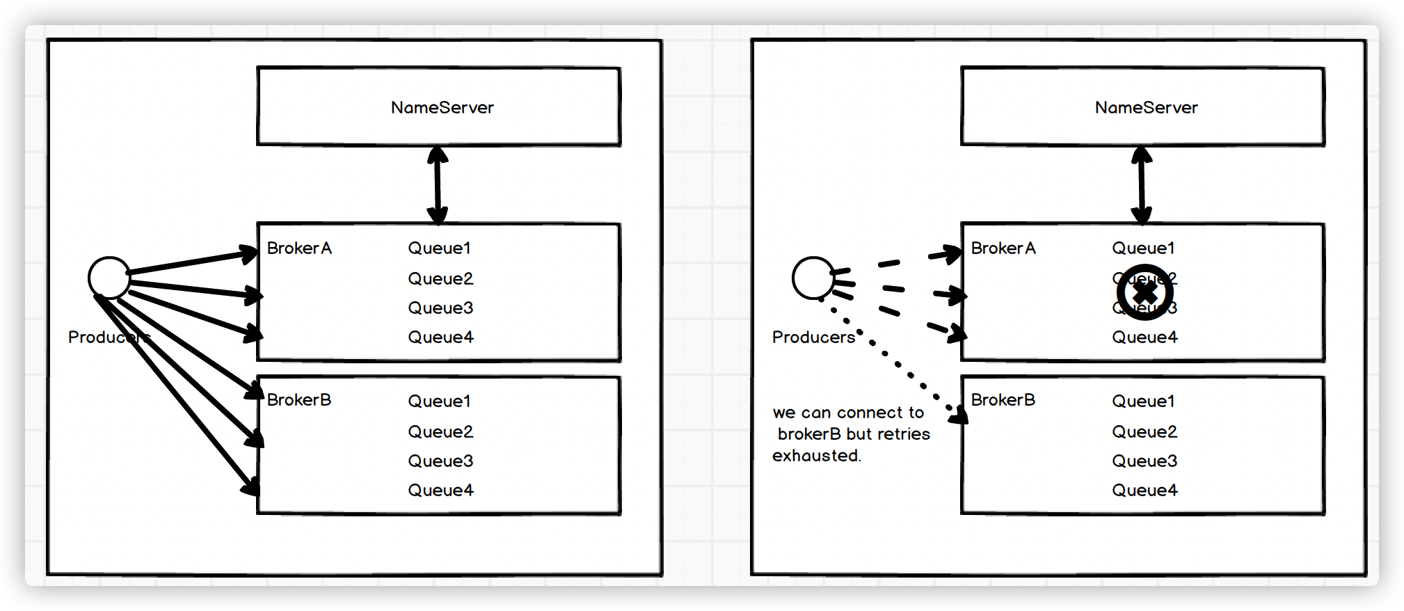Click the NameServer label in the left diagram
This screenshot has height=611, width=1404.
pyautogui.click(x=442, y=108)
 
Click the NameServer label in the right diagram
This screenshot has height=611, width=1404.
pyautogui.click(x=1146, y=108)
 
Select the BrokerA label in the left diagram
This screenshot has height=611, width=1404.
pyautogui.click(x=299, y=248)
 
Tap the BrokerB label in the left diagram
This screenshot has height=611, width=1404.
pyautogui.click(x=299, y=400)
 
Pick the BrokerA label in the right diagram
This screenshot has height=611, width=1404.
pyautogui.click(x=1003, y=248)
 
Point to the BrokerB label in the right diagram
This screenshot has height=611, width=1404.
pyautogui.click(x=1003, y=400)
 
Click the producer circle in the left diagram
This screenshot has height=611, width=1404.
pyautogui.click(x=109, y=278)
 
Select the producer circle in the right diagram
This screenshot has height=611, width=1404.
pyautogui.click(x=813, y=278)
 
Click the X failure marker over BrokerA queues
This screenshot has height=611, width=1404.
pyautogui.click(x=1145, y=292)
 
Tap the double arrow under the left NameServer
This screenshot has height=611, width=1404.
pyautogui.click(x=438, y=184)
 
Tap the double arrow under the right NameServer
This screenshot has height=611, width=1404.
pyautogui.click(x=1142, y=184)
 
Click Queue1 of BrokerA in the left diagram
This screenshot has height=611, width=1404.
pyautogui.click(x=439, y=248)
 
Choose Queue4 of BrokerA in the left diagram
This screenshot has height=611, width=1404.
pyautogui.click(x=440, y=338)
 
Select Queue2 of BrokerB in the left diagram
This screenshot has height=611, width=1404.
pyautogui.click(x=440, y=432)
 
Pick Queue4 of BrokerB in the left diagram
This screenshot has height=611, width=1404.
pyautogui.click(x=440, y=491)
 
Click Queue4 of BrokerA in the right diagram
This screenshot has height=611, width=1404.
pyautogui.click(x=1144, y=338)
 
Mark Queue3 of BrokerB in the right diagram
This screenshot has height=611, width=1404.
pyautogui.click(x=1144, y=461)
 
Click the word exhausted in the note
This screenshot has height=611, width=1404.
pyautogui.click(x=816, y=456)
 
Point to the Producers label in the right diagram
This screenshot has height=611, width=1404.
pyautogui.click(x=813, y=338)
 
